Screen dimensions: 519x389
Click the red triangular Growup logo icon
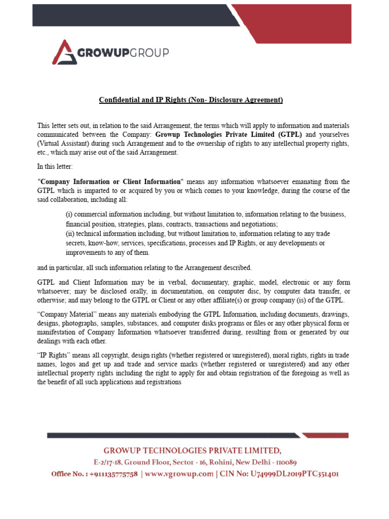63,52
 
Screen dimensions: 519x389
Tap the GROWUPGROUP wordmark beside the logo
123,53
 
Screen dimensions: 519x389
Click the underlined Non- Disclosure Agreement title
190,100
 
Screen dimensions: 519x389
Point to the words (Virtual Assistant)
65,143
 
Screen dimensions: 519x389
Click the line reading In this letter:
57,166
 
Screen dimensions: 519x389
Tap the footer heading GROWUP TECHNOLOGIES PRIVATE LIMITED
192,450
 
